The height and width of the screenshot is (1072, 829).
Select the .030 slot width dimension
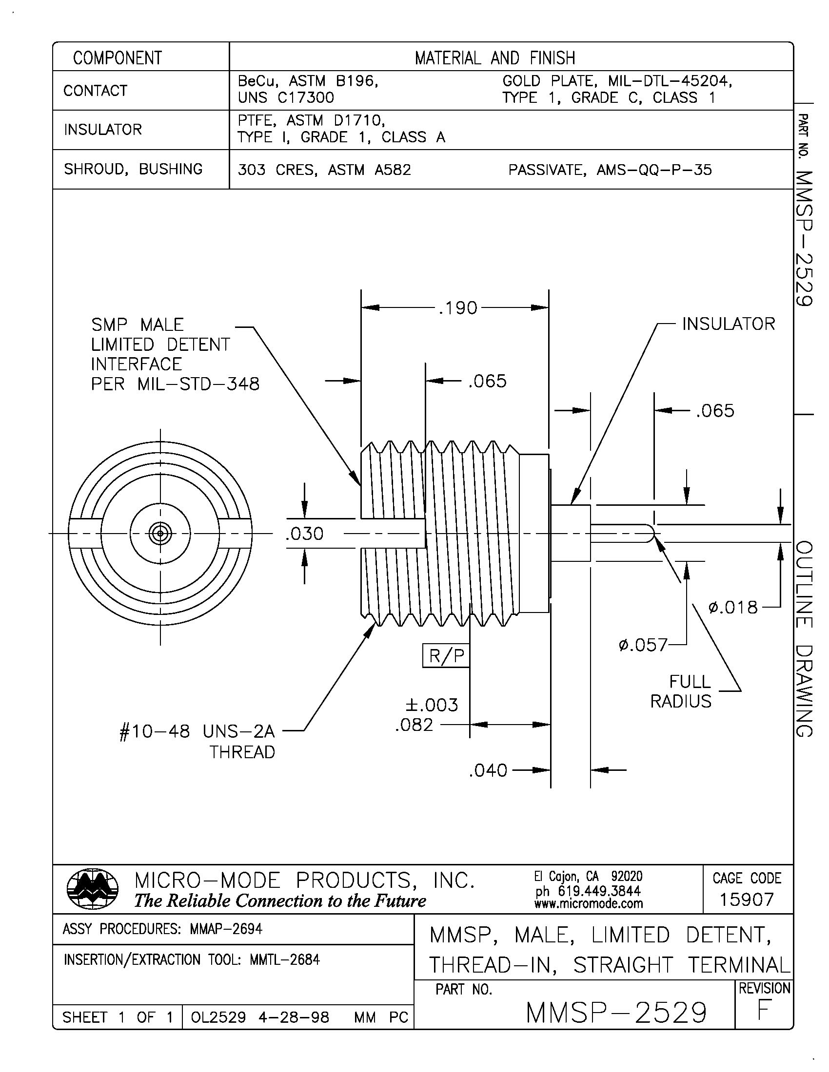(304, 534)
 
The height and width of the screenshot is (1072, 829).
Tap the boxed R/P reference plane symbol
(446, 656)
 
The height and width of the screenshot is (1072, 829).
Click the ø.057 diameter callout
(642, 645)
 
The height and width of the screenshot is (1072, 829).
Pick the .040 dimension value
(488, 770)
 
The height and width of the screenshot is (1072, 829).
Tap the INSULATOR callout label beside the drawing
(729, 324)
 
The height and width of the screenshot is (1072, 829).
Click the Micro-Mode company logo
(92, 889)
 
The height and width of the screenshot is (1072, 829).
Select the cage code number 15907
(746, 899)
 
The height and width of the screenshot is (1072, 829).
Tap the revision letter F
(763, 1011)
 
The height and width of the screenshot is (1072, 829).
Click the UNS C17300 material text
(285, 97)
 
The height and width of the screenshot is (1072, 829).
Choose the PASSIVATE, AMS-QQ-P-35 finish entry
(610, 170)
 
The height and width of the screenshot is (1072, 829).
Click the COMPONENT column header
(118, 57)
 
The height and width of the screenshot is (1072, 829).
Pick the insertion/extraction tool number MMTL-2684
(285, 959)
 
